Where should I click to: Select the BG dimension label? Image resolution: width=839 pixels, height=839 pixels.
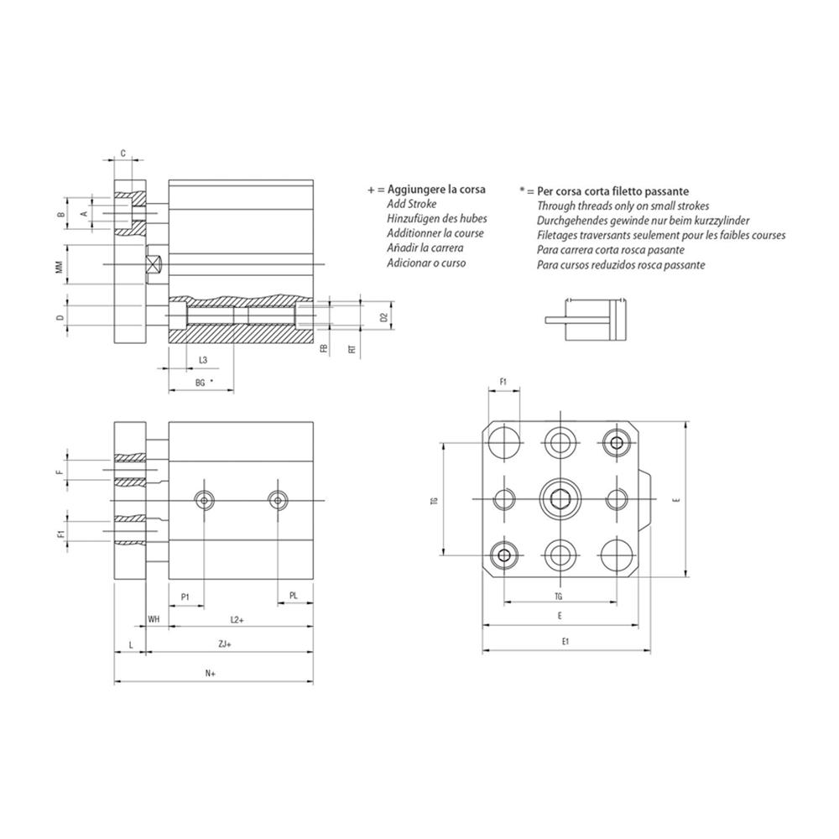pyautogui.click(x=201, y=383)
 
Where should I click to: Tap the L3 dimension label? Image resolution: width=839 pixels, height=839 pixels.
pyautogui.click(x=203, y=360)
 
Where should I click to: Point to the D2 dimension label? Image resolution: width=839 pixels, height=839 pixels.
pyautogui.click(x=383, y=317)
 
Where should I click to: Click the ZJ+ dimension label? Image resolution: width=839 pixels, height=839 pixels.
pyautogui.click(x=225, y=644)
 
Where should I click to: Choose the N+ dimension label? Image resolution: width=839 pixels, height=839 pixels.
pyautogui.click(x=211, y=673)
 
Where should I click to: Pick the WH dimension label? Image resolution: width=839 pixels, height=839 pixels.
pyautogui.click(x=154, y=619)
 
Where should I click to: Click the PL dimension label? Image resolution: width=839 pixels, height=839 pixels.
pyautogui.click(x=293, y=596)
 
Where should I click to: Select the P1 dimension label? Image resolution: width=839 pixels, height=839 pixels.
pyautogui.click(x=185, y=597)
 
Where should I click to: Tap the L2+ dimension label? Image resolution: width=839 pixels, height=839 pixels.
pyautogui.click(x=237, y=619)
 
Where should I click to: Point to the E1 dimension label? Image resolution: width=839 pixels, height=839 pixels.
pyautogui.click(x=565, y=641)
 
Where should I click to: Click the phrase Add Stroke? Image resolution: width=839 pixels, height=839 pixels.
pyautogui.click(x=411, y=204)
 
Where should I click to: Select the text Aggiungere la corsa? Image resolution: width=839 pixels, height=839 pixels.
pyautogui.click(x=436, y=189)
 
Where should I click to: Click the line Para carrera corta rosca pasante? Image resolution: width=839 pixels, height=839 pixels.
pyautogui.click(x=611, y=250)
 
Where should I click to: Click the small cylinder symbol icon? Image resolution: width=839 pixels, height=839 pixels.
pyautogui.click(x=586, y=320)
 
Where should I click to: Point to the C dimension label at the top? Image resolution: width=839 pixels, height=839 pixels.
pyautogui.click(x=123, y=154)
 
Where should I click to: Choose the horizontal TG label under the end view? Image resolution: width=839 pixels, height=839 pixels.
pyautogui.click(x=559, y=596)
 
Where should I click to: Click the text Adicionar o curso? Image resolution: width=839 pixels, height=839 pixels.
pyautogui.click(x=426, y=263)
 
